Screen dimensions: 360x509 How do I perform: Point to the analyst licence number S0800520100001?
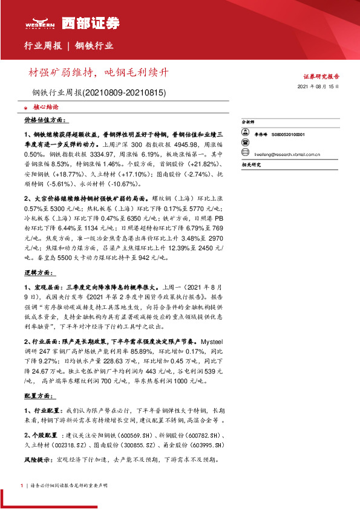288,135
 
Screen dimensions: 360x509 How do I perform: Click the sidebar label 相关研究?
250,164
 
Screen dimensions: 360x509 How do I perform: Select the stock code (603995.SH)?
205,445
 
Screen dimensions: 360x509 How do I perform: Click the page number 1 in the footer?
22,485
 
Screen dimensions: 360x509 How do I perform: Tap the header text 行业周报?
42,45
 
